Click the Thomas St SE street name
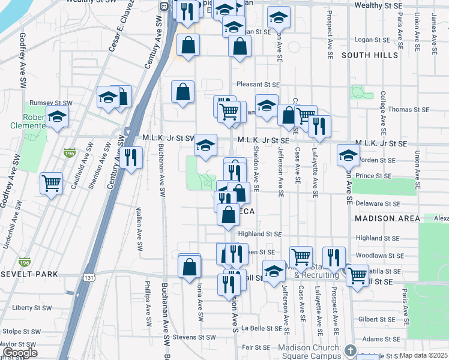(409, 110)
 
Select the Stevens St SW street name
(193, 338)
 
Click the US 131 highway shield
(89, 278)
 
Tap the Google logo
(20, 353)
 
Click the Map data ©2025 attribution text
(424, 355)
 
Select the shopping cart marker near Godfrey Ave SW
(52, 183)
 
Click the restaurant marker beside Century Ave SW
(130, 157)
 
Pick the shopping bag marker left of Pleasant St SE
(182, 92)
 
